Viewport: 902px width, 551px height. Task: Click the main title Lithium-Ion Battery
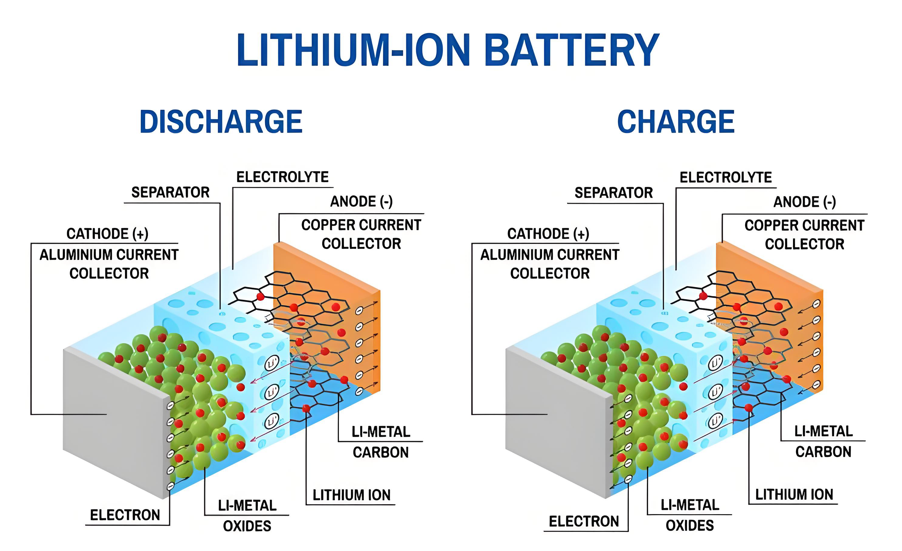click(447, 50)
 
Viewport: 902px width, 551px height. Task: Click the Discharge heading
click(221, 122)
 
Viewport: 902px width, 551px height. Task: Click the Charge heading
click(676, 122)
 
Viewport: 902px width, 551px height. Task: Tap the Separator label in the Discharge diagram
click(170, 193)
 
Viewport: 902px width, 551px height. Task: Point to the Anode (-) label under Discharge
click(361, 202)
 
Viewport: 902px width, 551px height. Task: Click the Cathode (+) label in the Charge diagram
click(548, 234)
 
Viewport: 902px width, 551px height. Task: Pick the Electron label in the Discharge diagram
click(125, 515)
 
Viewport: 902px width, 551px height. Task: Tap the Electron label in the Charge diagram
click(583, 521)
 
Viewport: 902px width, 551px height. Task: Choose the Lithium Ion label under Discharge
click(351, 495)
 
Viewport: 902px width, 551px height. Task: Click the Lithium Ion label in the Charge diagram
click(794, 495)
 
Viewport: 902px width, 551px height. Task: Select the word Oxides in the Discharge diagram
click(247, 526)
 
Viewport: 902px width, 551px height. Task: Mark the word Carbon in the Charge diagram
click(823, 452)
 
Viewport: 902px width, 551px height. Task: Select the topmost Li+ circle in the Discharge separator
click(271, 363)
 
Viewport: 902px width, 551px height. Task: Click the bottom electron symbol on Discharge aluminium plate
click(170, 486)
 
